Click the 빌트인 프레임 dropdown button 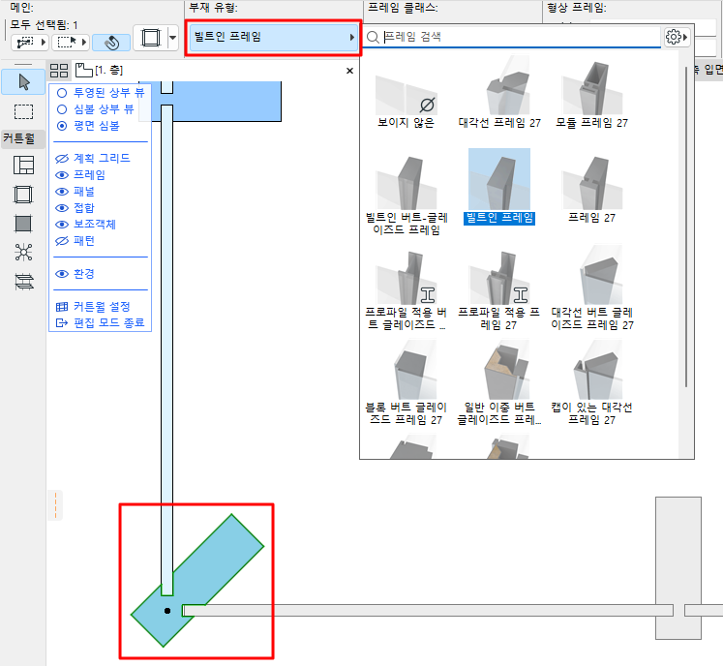(272, 38)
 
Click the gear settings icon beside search (675, 37)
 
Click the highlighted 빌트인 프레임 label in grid (499, 218)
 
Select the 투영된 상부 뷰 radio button (62, 92)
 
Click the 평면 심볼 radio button (62, 125)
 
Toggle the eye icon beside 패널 (62, 192)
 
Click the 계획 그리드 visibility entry (101, 158)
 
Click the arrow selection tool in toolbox (23, 81)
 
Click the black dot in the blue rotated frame (167, 611)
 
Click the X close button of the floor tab (350, 71)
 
